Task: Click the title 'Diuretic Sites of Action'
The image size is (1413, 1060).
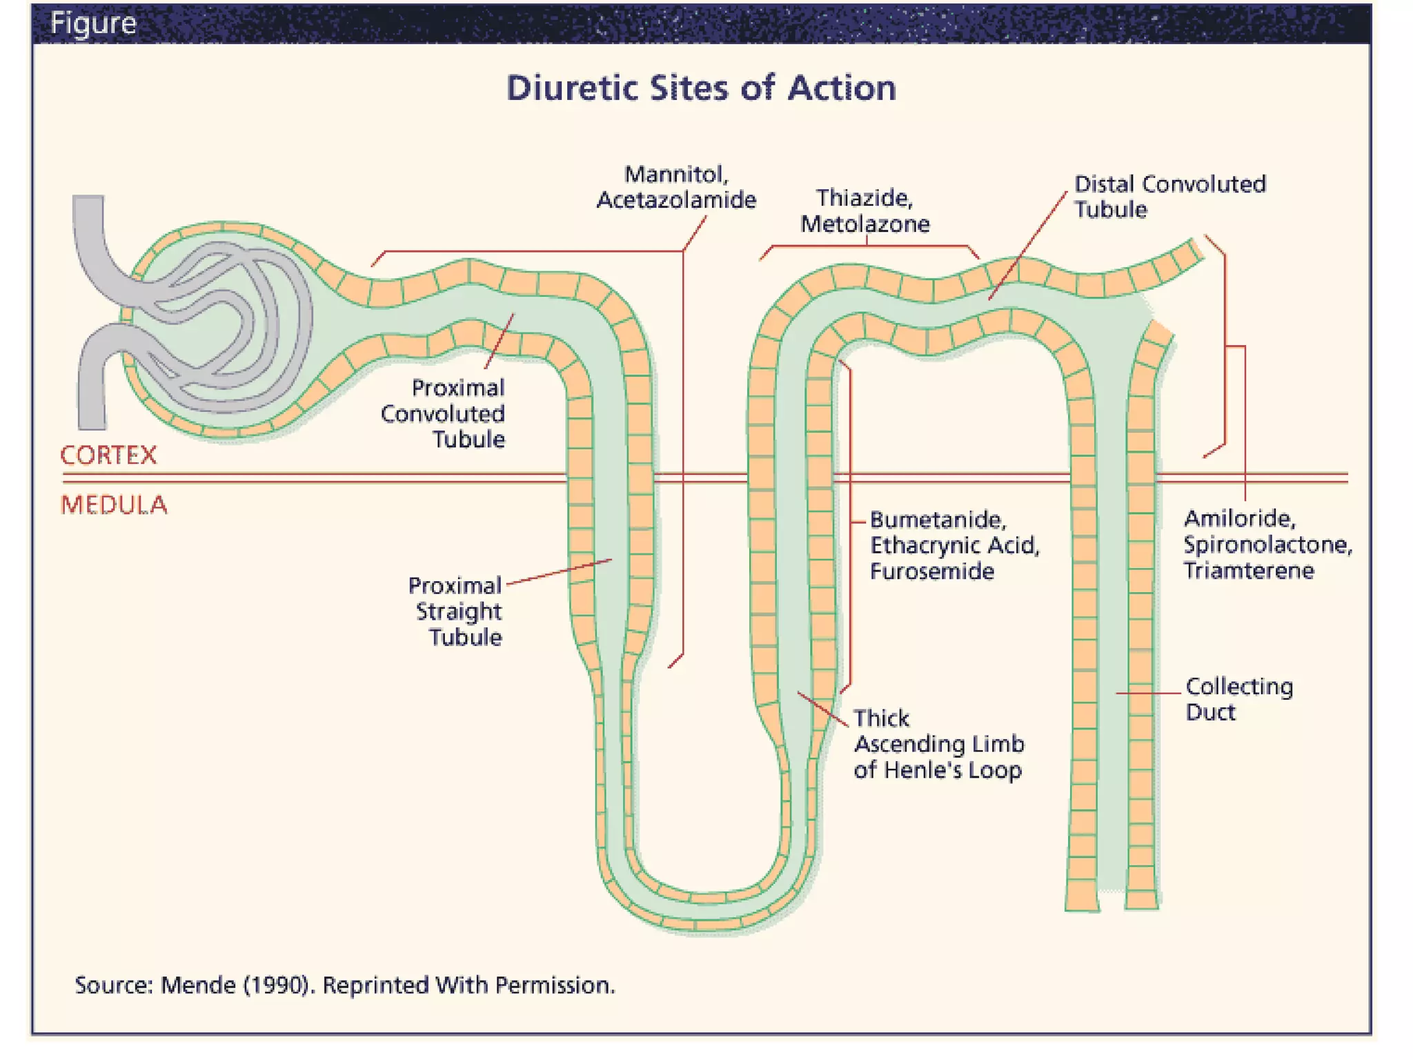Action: point(701,88)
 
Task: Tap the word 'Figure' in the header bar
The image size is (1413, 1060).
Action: point(93,23)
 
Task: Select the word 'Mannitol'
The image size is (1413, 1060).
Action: point(675,175)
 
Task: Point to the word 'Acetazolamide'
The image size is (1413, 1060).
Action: point(676,200)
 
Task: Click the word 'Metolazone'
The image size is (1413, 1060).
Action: point(864,224)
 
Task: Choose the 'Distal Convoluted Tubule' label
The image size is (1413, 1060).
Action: point(1169,197)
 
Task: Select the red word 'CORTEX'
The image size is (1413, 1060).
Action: point(108,455)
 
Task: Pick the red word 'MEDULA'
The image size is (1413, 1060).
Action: point(114,505)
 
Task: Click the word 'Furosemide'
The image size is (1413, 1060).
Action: point(931,571)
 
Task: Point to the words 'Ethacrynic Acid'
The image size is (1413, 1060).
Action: point(953,546)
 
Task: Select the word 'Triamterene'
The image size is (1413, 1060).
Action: point(1248,571)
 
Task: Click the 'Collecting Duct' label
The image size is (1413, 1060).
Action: point(1238,699)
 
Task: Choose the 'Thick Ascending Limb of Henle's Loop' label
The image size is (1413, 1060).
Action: point(938,744)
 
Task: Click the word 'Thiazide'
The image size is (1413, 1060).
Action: point(864,199)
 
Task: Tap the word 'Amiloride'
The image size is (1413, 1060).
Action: point(1239,519)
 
